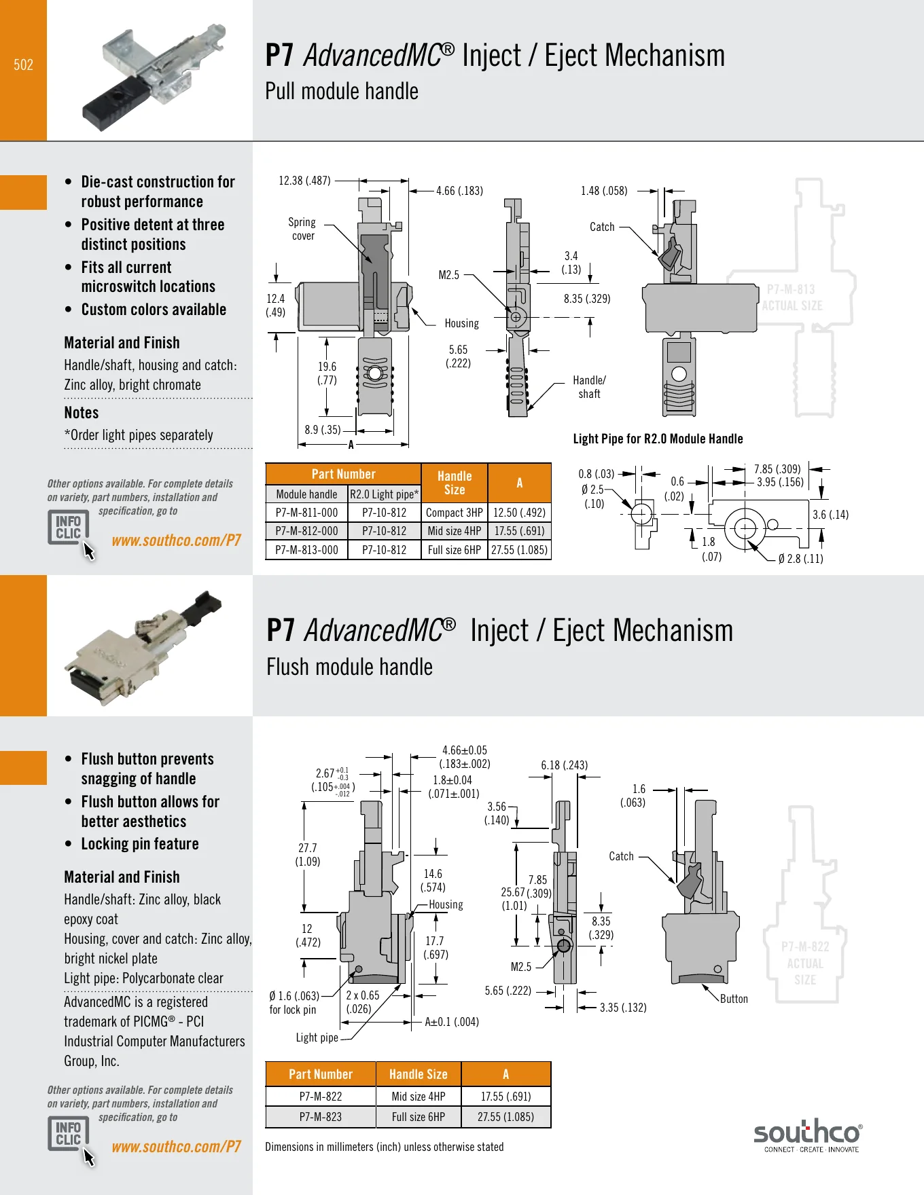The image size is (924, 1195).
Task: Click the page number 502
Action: tap(23, 65)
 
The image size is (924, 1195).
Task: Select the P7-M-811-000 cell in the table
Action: tap(306, 513)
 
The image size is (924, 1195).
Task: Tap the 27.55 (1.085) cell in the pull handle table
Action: tap(519, 550)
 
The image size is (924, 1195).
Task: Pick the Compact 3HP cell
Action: tap(454, 513)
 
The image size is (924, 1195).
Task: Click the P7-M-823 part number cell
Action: tap(321, 1117)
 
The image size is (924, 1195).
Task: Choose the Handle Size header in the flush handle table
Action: tap(419, 1074)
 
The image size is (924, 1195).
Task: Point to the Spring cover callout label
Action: tap(302, 229)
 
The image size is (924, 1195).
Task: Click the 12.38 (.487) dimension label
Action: tap(304, 181)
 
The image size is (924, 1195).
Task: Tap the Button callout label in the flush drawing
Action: tap(734, 999)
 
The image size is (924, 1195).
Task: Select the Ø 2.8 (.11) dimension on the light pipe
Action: tap(800, 559)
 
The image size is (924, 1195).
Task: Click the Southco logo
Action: tap(808, 1135)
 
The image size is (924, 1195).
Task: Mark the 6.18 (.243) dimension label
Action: tap(564, 765)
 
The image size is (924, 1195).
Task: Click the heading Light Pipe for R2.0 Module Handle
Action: tap(658, 439)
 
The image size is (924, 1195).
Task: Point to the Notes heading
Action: tap(82, 413)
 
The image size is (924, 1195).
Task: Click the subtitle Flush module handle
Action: tap(349, 667)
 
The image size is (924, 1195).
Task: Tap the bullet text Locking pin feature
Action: tap(140, 844)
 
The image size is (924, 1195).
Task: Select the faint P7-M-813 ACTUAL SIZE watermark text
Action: tap(792, 297)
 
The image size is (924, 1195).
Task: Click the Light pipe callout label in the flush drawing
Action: tap(317, 1037)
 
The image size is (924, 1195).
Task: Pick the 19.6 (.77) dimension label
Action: tap(327, 373)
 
